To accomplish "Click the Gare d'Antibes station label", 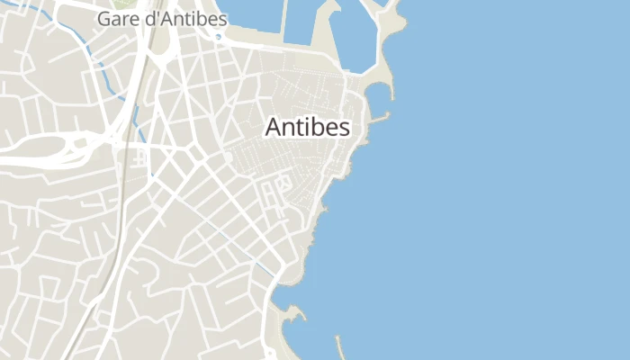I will tap(162, 18).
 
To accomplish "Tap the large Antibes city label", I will tap(307, 128).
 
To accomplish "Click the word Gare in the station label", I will tap(116, 18).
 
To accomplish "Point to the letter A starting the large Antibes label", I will tap(273, 128).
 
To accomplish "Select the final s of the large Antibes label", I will tap(344, 128).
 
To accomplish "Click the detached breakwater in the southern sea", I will tap(340, 347).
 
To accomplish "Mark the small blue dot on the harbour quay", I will tap(219, 37).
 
